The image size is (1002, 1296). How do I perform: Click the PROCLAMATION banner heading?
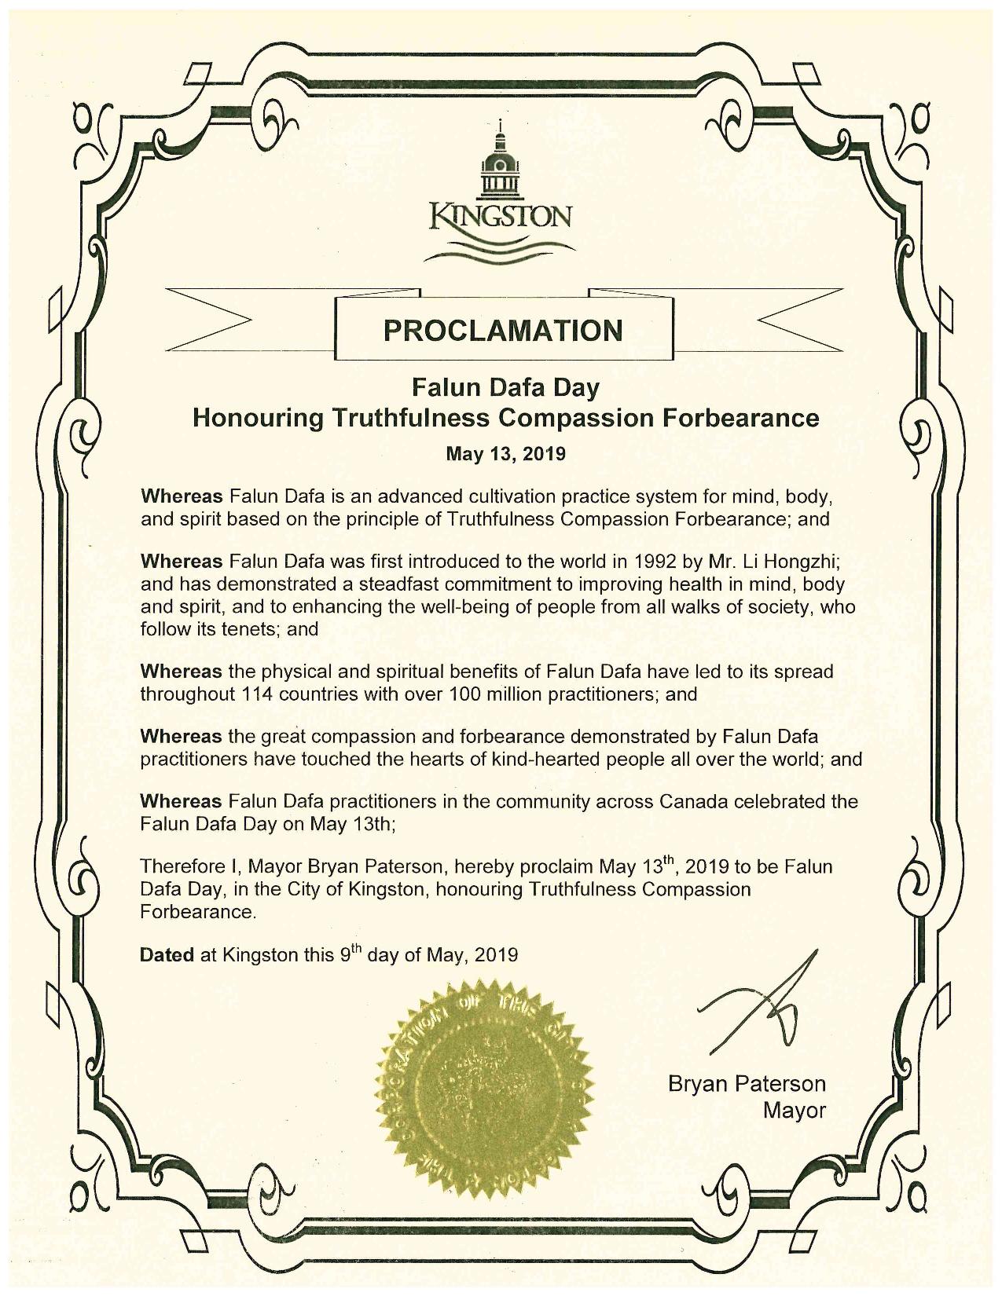pyautogui.click(x=503, y=330)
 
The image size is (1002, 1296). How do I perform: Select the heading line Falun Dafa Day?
pyautogui.click(x=506, y=387)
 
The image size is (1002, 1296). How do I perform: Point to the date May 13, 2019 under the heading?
pyautogui.click(x=506, y=454)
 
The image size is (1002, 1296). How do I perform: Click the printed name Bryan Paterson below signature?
pyautogui.click(x=747, y=1085)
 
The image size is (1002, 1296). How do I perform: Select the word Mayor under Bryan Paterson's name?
pyautogui.click(x=795, y=1111)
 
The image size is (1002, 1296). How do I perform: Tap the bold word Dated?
pyautogui.click(x=167, y=955)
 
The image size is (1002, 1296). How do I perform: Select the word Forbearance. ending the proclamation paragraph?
pyautogui.click(x=198, y=913)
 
